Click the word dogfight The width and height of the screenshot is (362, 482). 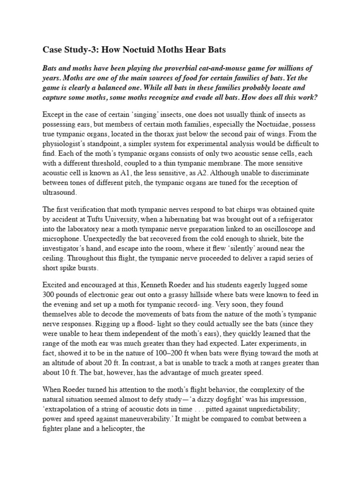click(x=221, y=399)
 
